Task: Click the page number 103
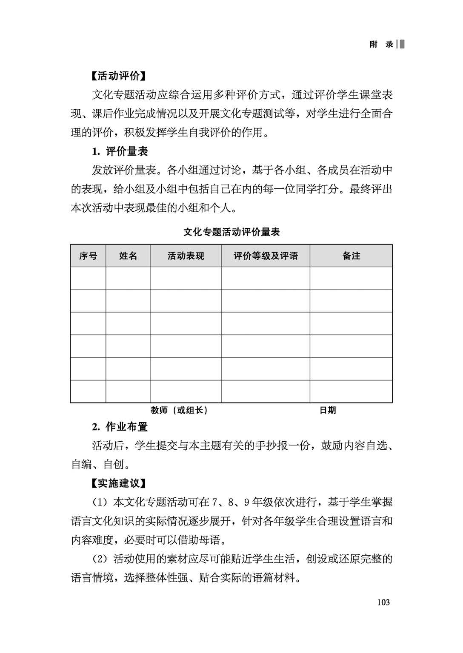point(383,602)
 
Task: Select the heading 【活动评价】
point(119,76)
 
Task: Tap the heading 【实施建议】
point(119,483)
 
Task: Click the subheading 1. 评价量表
point(120,151)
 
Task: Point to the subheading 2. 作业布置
point(120,426)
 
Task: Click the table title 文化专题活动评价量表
point(231,232)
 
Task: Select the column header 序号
point(88,256)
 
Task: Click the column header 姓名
point(128,256)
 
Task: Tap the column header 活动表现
point(186,256)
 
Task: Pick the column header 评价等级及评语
point(266,256)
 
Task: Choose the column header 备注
point(351,256)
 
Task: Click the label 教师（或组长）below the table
point(179,410)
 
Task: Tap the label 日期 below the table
point(328,410)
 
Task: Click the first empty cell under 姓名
point(128,278)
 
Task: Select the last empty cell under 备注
point(351,391)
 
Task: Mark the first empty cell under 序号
point(88,278)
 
